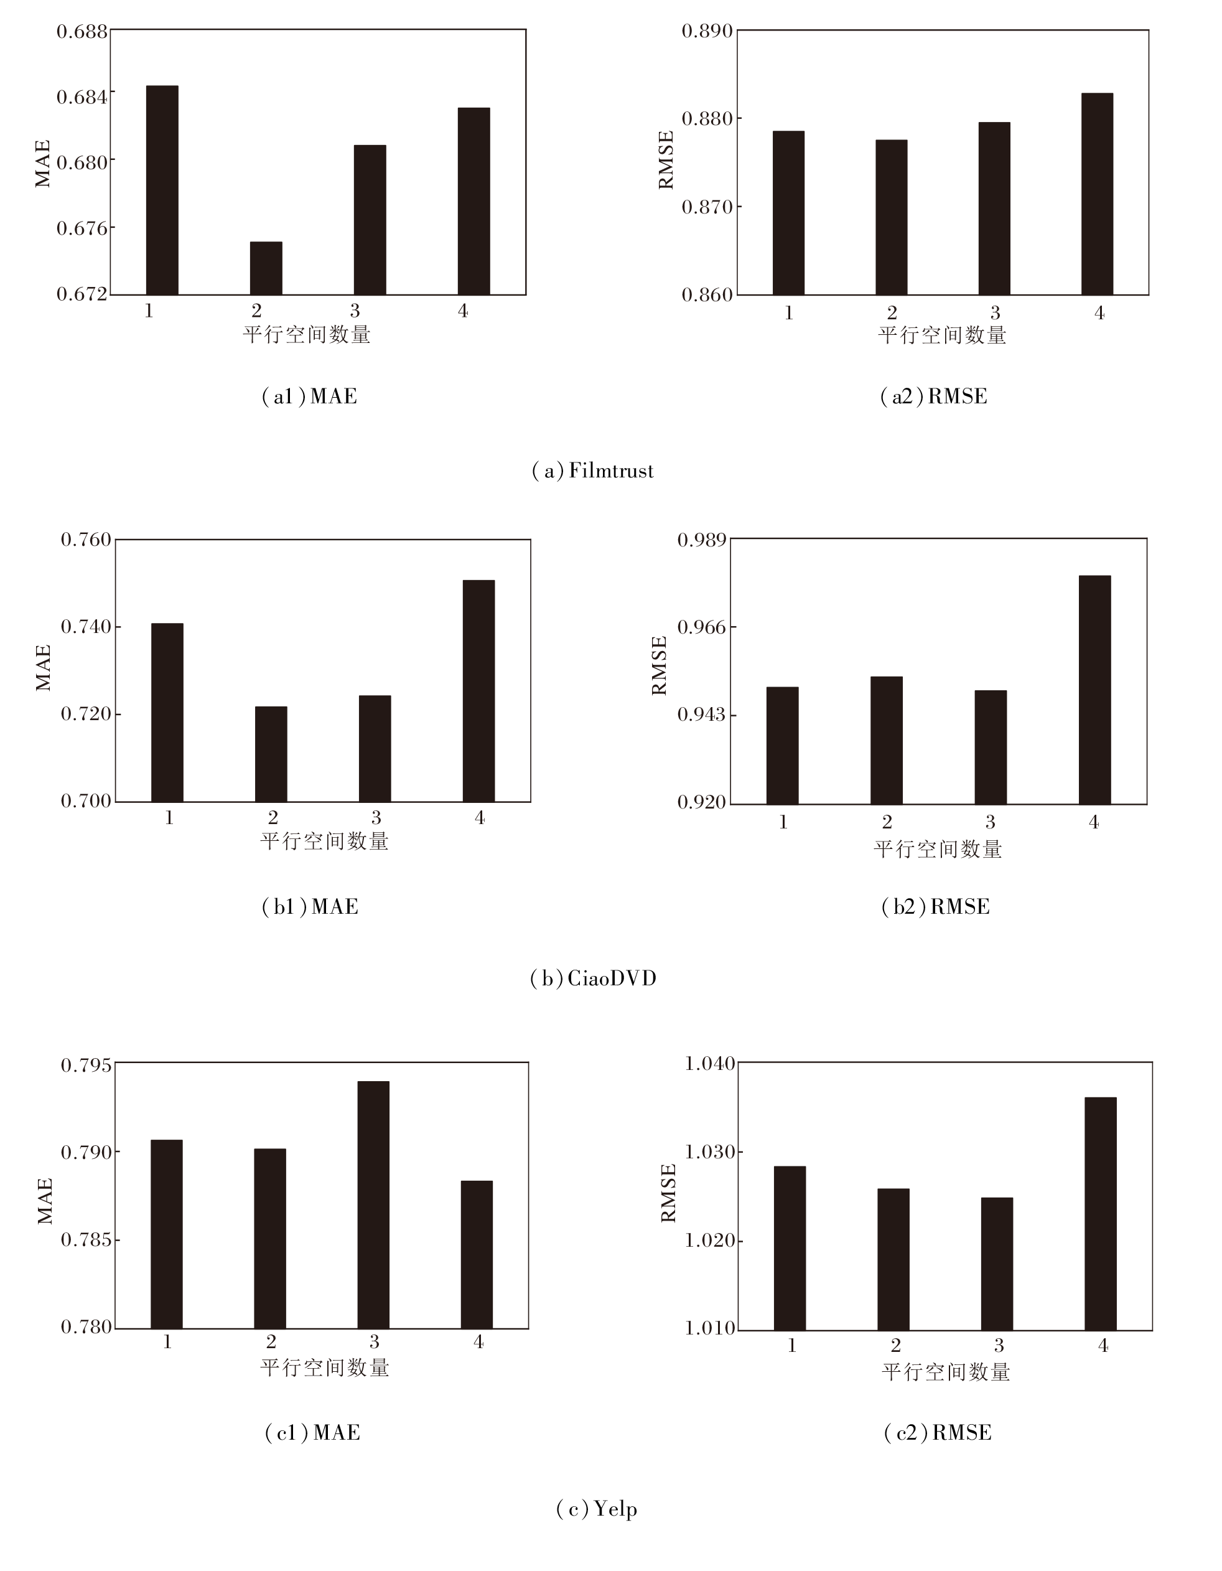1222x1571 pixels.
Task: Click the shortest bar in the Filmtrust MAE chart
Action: click(266, 268)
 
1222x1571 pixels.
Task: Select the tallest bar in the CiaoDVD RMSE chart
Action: click(1094, 689)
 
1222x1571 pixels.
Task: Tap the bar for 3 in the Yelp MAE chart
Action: click(373, 1204)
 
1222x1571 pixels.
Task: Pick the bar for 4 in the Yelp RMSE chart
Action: click(1101, 1214)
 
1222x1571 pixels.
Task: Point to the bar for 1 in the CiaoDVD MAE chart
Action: click(167, 712)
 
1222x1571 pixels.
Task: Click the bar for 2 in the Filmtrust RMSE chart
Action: click(891, 217)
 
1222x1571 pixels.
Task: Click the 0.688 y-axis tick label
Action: click(82, 32)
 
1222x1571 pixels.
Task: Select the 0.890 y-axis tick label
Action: click(707, 31)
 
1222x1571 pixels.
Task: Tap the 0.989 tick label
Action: click(702, 540)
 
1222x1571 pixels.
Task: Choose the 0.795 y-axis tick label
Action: click(86, 1064)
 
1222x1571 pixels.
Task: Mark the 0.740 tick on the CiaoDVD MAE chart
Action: click(86, 627)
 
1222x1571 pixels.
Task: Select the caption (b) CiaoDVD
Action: click(594, 979)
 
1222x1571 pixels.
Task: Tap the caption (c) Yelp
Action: click(596, 1508)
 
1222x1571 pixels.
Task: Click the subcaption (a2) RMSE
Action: click(933, 396)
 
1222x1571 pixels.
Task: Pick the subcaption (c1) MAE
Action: click(312, 1433)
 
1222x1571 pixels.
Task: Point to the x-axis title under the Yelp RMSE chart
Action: click(945, 1372)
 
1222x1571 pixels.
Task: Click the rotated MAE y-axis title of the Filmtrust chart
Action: click(43, 164)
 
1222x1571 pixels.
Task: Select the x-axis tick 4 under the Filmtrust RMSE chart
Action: click(1099, 313)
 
